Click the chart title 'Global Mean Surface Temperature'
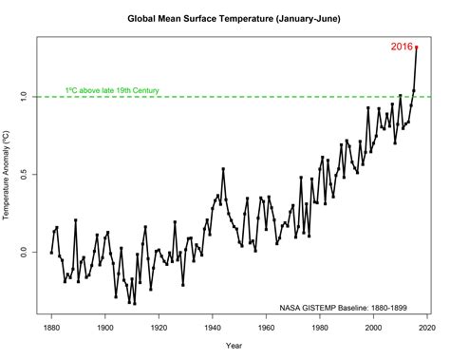click(200, 17)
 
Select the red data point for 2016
click(417, 47)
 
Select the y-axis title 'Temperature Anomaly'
click(7, 176)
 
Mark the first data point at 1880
click(51, 253)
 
